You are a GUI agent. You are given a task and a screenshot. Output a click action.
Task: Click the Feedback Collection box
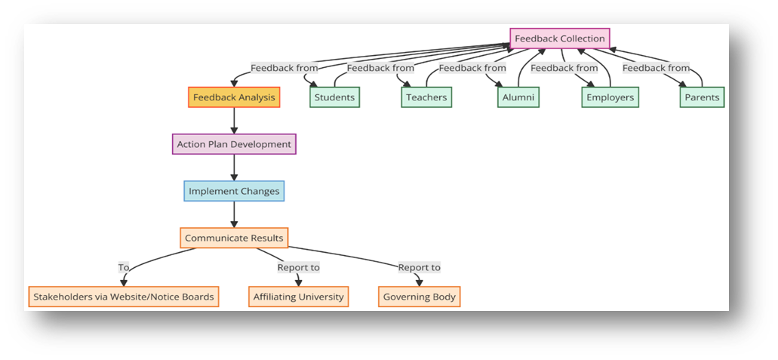[560, 38]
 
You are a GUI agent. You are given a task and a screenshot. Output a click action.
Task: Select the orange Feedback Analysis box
[234, 97]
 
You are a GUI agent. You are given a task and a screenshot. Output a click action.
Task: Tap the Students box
[334, 97]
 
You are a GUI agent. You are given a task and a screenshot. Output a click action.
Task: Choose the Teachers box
[426, 97]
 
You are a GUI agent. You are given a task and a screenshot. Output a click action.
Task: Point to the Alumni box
[518, 97]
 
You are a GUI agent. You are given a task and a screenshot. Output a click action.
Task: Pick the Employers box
[610, 97]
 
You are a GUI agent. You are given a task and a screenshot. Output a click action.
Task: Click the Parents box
[702, 97]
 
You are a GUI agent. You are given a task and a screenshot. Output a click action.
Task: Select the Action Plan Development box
[234, 144]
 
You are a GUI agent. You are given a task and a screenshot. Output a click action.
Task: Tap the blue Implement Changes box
[234, 191]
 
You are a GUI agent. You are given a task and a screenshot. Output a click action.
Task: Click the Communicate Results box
[234, 238]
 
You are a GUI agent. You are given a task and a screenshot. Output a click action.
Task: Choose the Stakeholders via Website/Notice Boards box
[124, 297]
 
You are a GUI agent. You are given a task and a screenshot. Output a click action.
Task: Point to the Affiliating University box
[299, 297]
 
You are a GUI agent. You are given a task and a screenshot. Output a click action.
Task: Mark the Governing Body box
[420, 297]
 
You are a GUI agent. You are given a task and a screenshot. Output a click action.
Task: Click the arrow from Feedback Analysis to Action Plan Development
[234, 121]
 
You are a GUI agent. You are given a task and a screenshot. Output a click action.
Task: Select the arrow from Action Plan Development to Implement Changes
[234, 168]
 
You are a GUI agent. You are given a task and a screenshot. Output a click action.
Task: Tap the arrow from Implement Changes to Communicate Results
[234, 214]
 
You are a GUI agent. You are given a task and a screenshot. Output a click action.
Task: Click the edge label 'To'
[124, 267]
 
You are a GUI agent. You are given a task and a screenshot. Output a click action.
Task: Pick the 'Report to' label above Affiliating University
[299, 268]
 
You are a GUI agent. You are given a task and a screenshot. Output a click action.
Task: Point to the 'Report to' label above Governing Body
[420, 268]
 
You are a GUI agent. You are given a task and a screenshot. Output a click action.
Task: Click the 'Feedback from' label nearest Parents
[656, 68]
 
